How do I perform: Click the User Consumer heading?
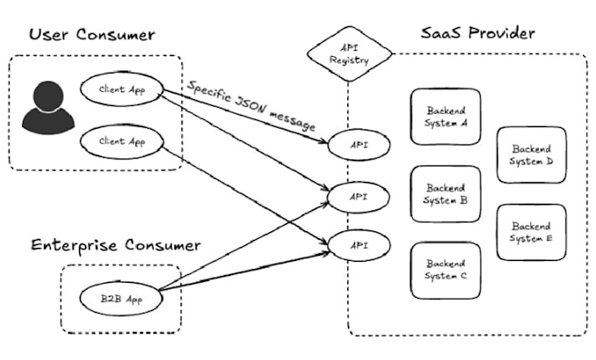91,35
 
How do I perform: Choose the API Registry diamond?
348,54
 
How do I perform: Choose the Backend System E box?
530,232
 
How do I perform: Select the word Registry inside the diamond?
348,61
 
